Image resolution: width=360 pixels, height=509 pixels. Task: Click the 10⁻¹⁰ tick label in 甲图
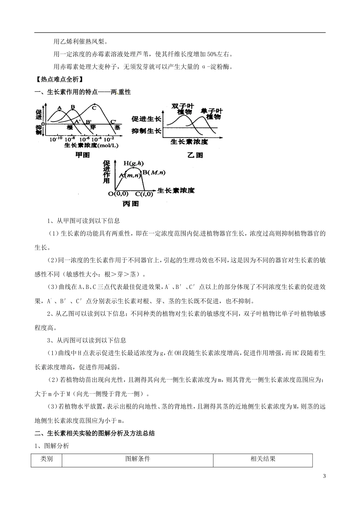(x=56, y=139)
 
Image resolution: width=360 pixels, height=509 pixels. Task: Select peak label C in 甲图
(x=94, y=108)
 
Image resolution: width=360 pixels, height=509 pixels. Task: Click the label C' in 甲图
(x=113, y=122)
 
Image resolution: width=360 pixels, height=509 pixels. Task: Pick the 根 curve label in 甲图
(x=70, y=128)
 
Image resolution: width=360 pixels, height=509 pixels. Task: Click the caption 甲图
(x=83, y=155)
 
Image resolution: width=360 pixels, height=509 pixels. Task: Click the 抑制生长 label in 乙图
(x=146, y=131)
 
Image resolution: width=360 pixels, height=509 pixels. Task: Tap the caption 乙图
(x=195, y=155)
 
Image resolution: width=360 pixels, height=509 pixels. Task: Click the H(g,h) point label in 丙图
(x=134, y=164)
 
